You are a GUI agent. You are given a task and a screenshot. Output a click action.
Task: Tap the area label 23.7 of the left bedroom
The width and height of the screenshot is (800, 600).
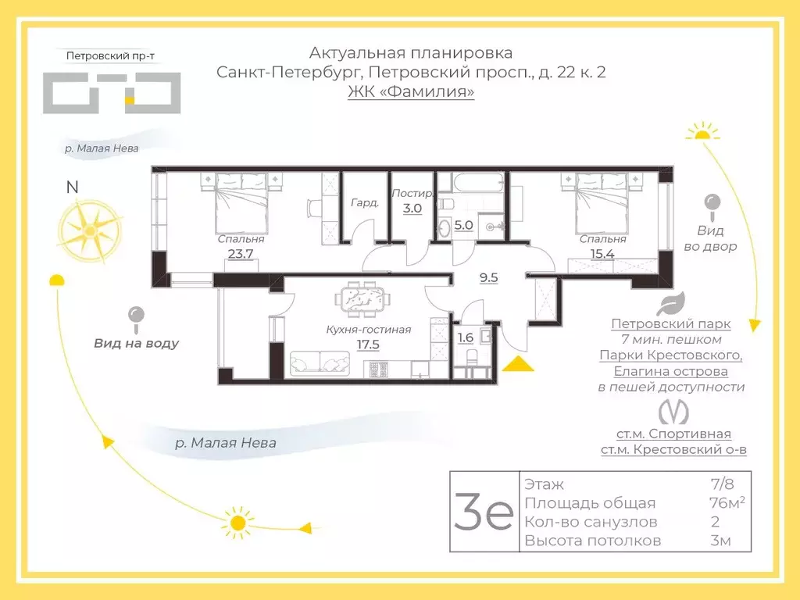(x=241, y=252)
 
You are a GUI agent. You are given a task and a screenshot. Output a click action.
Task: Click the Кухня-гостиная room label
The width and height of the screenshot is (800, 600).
(x=368, y=330)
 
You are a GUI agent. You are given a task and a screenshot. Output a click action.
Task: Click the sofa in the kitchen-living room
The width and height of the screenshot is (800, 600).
(x=320, y=363)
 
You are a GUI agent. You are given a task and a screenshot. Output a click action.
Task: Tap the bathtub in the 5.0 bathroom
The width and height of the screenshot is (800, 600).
(x=471, y=184)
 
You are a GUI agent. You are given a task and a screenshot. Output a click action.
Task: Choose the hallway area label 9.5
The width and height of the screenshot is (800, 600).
(x=488, y=277)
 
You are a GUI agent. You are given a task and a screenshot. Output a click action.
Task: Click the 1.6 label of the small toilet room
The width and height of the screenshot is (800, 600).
(x=464, y=338)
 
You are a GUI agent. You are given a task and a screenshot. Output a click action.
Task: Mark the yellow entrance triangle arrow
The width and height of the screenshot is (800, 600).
(x=515, y=363)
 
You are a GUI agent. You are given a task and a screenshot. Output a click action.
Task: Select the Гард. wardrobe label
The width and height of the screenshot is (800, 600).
(x=365, y=202)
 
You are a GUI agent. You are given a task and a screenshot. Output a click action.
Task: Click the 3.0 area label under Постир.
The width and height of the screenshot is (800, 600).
(x=412, y=209)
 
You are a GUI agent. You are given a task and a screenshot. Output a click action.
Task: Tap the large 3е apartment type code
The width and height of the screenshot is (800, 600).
(x=484, y=512)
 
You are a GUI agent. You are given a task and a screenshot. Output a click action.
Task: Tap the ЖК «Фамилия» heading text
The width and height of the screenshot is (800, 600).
(x=411, y=92)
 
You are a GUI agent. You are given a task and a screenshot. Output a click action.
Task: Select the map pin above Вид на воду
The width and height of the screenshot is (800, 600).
(x=137, y=316)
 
